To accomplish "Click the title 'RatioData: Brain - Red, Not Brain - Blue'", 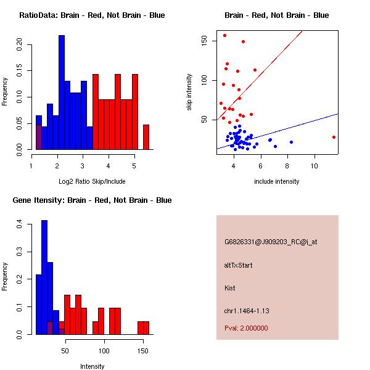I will (x=91, y=15).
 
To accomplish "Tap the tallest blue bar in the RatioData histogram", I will (x=61, y=92).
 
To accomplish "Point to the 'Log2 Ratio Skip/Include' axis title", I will (x=91, y=181).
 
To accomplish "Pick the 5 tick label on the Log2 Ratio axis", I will (x=134, y=165).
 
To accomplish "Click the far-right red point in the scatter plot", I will (x=334, y=137).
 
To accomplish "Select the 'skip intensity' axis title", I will (x=189, y=92).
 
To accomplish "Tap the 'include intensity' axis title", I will (x=277, y=181).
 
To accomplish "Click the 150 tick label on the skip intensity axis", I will (x=204, y=41).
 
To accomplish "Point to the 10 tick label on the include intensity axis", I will (x=314, y=165).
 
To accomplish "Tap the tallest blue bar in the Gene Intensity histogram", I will (x=44, y=277).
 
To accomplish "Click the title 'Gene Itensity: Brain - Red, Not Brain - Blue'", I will (x=92, y=200).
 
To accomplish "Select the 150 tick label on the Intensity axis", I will (x=143, y=350).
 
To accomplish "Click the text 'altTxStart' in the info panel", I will (x=239, y=265).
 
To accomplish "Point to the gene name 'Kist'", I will (x=229, y=288).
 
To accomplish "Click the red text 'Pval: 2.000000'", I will (x=246, y=328).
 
